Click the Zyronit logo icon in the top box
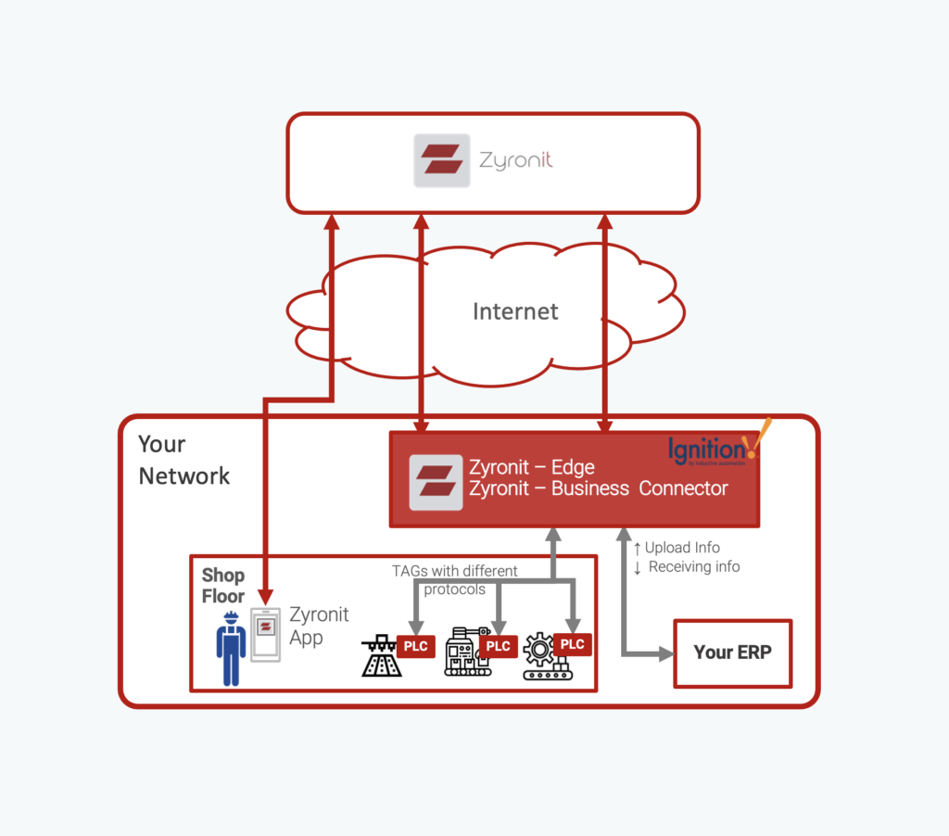point(441,160)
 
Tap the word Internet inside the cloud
point(515,311)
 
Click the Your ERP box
point(732,652)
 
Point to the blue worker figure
point(231,648)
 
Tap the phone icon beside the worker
point(265,634)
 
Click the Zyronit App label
point(319,626)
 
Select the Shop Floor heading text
point(223,586)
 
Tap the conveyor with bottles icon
point(381,657)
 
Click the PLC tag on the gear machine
point(572,644)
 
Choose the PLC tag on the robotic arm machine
point(499,646)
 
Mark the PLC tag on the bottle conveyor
point(416,646)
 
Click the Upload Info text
point(682,548)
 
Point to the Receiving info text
point(693,566)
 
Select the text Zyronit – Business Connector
point(598,488)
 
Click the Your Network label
point(183,460)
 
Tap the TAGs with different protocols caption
point(455,579)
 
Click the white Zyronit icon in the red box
point(436,481)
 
